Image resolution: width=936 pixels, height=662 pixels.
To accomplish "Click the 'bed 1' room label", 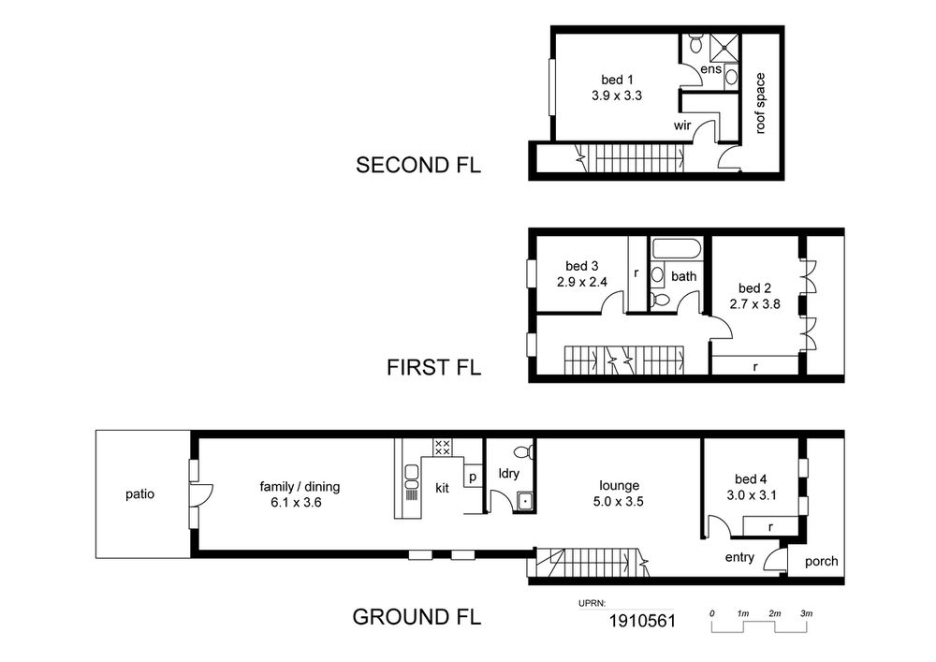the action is (617, 80).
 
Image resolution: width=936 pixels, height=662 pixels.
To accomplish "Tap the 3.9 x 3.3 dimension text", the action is (617, 96).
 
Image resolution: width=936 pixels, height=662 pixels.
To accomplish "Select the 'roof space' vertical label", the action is (760, 103).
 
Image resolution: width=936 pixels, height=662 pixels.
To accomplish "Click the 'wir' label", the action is (682, 125).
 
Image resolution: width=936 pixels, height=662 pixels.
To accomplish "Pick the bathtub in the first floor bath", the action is (678, 249).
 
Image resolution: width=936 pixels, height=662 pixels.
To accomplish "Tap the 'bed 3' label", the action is (581, 266).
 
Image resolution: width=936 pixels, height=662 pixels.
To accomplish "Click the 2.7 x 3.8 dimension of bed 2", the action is (754, 303).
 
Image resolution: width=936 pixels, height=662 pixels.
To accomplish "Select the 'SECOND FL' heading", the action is (417, 165).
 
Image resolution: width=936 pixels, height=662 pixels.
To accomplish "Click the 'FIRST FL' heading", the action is (433, 367).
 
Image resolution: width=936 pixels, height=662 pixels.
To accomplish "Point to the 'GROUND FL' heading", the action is (417, 617).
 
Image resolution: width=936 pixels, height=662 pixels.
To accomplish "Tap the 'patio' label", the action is (139, 494).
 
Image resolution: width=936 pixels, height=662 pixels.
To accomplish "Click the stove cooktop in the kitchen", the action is (443, 447).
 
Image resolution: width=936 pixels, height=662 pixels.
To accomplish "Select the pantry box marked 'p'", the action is (473, 477).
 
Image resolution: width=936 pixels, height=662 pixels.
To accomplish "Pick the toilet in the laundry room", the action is (523, 450).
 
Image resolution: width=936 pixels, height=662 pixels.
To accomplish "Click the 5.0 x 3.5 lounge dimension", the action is (619, 502).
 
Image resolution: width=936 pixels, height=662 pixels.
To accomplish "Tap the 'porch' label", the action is (822, 561).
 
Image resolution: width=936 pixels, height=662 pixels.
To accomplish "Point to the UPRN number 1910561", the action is (642, 622).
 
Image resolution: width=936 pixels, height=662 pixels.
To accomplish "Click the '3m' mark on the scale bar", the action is (807, 613).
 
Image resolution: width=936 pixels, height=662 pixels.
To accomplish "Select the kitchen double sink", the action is (411, 477).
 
